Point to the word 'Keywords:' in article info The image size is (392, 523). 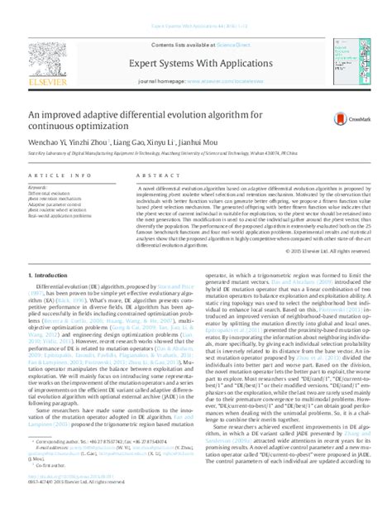click(37, 189)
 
